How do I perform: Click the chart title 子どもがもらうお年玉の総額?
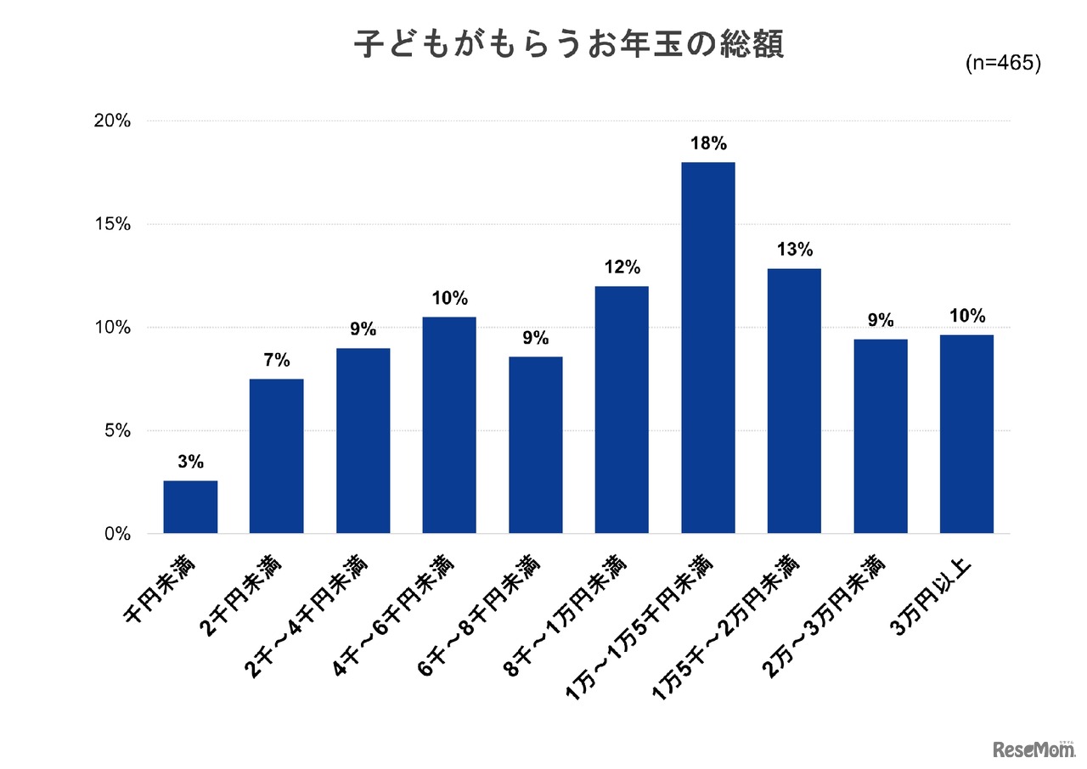568,45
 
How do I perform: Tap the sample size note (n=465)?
1003,65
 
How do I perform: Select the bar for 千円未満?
190,507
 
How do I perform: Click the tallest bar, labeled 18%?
707,347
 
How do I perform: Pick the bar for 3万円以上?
966,434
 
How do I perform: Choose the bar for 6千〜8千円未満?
535,445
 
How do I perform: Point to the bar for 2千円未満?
276,456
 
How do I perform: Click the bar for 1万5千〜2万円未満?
794,401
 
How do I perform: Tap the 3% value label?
190,462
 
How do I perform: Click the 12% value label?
622,267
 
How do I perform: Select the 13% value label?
794,250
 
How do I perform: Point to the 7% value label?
276,360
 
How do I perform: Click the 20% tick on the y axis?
112,121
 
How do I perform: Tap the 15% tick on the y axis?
112,225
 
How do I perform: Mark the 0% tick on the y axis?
117,534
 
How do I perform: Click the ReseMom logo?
1029,749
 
